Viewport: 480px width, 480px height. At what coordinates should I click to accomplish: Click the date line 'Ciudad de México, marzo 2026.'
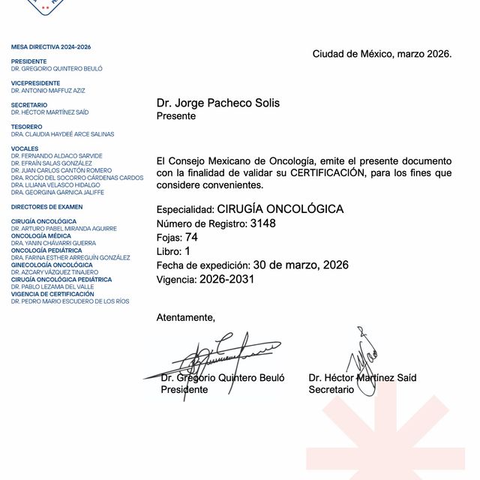point(382,54)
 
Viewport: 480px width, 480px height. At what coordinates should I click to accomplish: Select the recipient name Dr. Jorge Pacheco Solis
point(218,103)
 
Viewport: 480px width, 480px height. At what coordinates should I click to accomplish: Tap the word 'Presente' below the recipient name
point(175,116)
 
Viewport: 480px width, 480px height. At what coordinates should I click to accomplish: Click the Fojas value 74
point(191,237)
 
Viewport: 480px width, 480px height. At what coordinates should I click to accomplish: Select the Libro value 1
point(187,251)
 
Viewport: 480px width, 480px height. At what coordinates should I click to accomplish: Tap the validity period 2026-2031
point(227,279)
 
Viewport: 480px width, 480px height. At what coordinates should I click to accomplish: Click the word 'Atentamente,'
point(185,318)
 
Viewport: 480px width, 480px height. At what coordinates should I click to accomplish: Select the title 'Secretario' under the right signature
point(331,390)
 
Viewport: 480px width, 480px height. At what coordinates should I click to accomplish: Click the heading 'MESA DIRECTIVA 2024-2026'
point(51,46)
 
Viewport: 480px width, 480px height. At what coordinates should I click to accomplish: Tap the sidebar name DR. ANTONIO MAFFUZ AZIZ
point(48,90)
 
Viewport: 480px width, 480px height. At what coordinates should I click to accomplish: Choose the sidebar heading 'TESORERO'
point(26,127)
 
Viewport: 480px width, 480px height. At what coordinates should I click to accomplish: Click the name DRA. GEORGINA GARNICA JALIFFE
point(58,192)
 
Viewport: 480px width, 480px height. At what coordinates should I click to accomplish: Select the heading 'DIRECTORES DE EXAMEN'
point(46,206)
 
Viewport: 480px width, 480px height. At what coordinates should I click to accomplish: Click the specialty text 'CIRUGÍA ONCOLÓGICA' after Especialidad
point(280,209)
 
